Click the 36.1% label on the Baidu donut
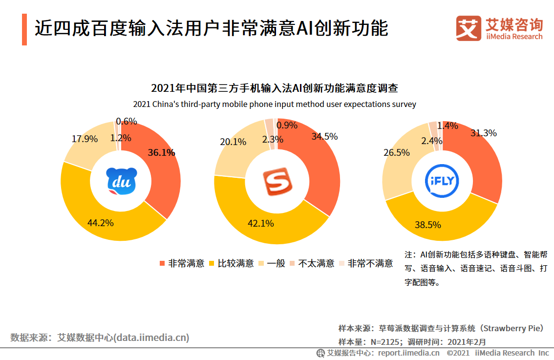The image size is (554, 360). coord(161,152)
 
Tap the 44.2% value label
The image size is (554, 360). coord(101,223)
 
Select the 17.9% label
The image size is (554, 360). coord(85,139)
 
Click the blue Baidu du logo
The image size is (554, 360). coord(122,182)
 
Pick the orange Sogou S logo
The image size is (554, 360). coord(277,182)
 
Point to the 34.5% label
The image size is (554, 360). coord(324,136)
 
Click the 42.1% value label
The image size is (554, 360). coord(260,223)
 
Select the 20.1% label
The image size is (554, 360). coord(233,142)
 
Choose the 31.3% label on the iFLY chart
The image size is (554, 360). coord(483,133)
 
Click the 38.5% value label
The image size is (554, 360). coord(428,225)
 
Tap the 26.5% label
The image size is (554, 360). coord(397,152)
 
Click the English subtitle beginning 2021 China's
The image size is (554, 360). coord(274,104)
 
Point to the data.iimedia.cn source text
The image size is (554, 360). coord(100,338)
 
